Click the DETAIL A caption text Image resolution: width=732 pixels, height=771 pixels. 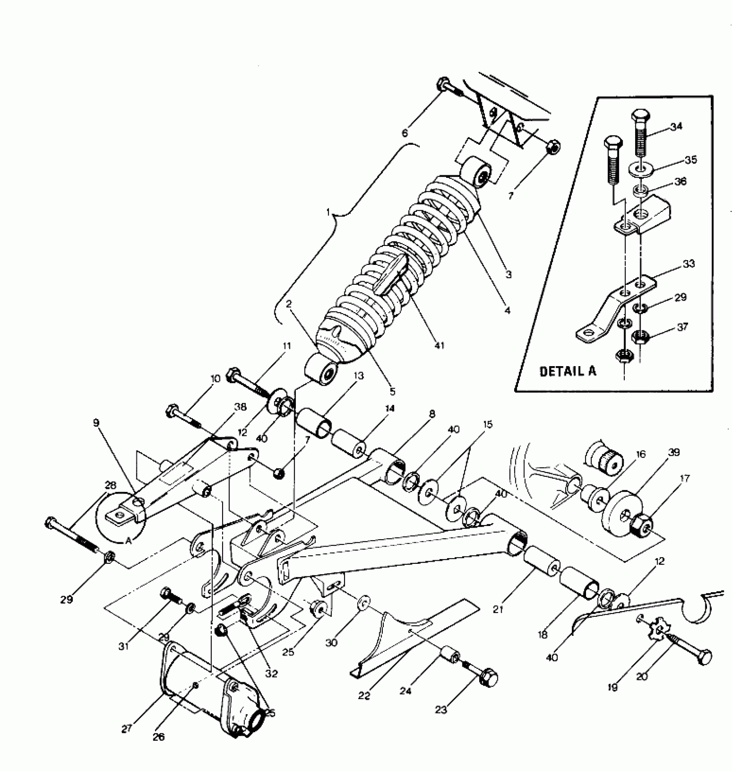click(568, 371)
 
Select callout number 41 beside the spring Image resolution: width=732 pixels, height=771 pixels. click(439, 345)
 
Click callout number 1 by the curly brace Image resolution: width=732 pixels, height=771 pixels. click(328, 212)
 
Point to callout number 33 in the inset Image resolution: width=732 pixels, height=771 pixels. click(689, 264)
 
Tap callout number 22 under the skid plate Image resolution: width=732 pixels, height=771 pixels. click(364, 696)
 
